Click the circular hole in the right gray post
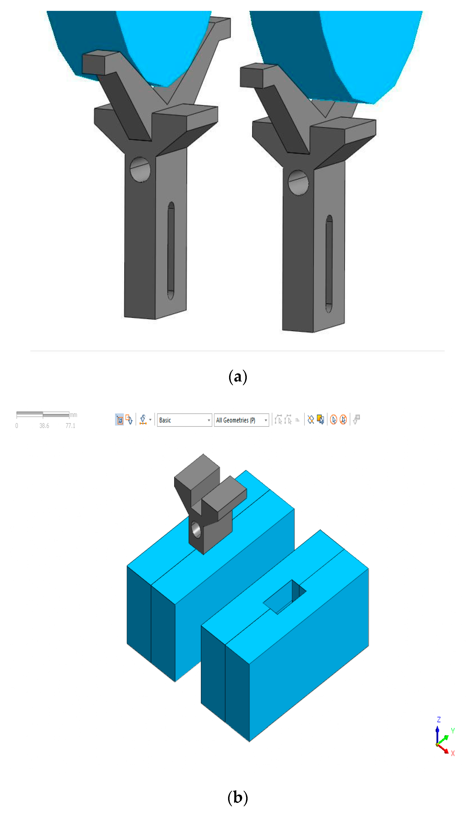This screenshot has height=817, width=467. (298, 183)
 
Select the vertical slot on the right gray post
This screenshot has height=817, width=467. (329, 264)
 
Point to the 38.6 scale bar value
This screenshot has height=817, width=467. (44, 426)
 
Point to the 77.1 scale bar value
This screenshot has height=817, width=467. (70, 426)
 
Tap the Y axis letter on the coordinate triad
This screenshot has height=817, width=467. (453, 730)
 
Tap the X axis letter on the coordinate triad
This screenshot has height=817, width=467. (453, 753)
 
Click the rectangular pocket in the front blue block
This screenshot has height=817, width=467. (285, 598)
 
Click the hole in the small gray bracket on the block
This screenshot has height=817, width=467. (196, 530)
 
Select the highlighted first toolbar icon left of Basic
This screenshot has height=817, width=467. (119, 420)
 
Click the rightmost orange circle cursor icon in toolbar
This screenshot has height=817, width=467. (343, 420)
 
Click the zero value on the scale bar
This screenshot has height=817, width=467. (17, 426)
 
